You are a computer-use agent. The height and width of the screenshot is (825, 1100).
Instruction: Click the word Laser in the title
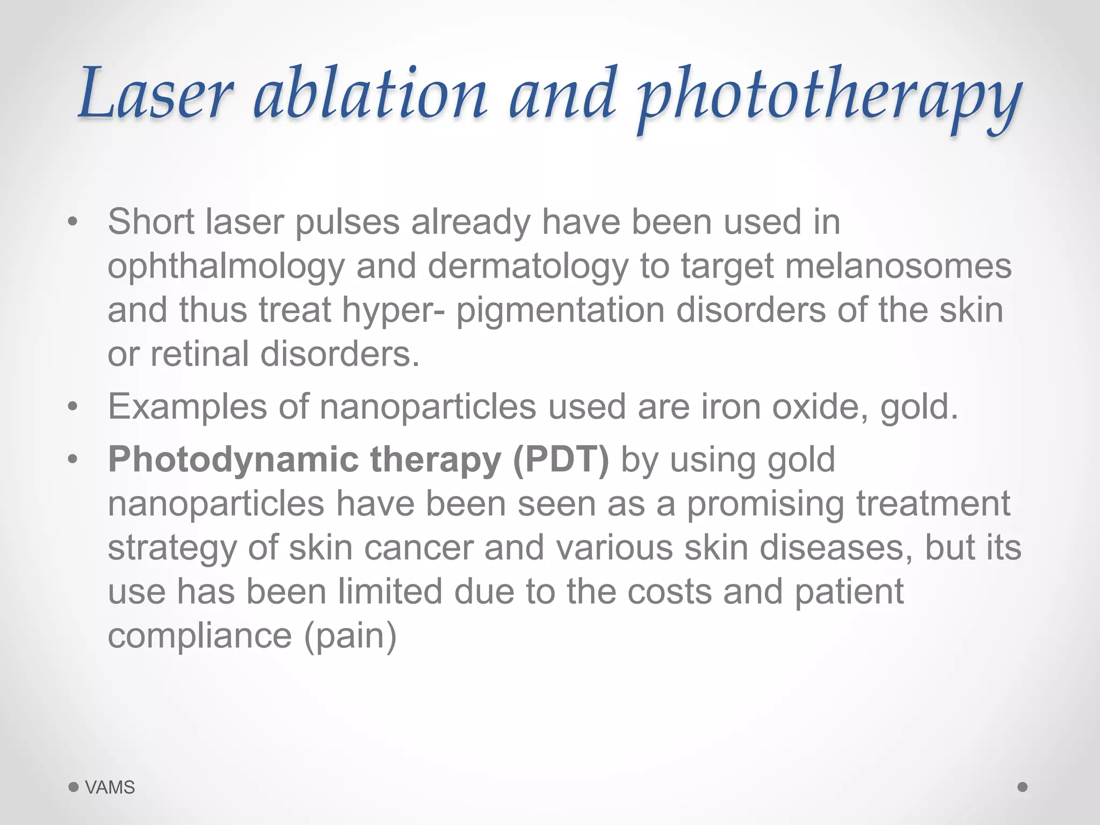coord(156,94)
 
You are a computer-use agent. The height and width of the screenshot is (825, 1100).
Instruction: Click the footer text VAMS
coord(110,787)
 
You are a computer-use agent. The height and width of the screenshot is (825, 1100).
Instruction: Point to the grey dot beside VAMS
coord(74,787)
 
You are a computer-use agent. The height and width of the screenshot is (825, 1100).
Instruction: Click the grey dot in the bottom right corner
coord(1023,787)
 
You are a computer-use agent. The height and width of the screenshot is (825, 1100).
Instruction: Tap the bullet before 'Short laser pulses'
coord(73,222)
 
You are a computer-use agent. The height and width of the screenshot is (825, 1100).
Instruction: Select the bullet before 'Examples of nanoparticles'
coord(73,407)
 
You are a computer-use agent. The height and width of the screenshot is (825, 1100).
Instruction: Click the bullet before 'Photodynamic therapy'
coord(73,460)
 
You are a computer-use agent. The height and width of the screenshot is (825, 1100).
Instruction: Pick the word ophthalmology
coord(226,267)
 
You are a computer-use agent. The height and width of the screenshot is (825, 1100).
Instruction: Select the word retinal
coord(199,354)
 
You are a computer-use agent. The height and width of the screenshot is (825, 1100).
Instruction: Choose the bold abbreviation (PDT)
coord(561,460)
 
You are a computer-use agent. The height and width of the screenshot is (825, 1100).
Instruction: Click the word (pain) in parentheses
coord(350,636)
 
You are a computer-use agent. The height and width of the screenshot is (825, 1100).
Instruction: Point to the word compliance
coord(200,636)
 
